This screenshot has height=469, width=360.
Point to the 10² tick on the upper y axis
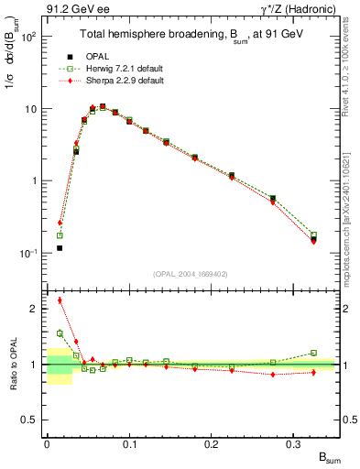tap(30, 38)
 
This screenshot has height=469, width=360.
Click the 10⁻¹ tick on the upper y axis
tap(30, 253)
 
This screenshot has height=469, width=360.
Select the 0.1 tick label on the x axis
tap(129, 444)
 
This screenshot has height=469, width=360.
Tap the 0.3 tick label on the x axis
tap(294, 444)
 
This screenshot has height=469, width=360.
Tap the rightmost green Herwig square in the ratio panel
tap(313, 353)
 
